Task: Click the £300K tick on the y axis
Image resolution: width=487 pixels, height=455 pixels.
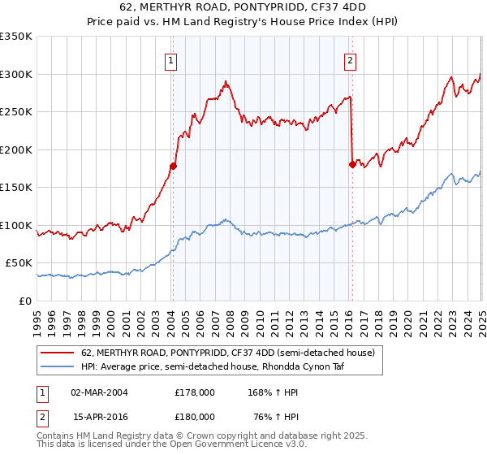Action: point(16,74)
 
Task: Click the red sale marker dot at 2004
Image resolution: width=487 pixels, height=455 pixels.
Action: point(173,166)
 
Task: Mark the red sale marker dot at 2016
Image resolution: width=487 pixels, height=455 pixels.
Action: point(352,164)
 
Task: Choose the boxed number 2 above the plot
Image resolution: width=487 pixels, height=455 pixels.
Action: point(351,59)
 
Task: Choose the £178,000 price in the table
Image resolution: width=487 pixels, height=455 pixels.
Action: point(195,392)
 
